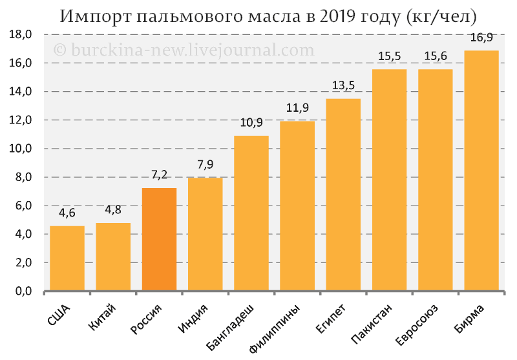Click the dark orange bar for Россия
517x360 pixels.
pos(159,240)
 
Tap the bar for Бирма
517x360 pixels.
pos(481,171)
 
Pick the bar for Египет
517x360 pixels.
pos(343,195)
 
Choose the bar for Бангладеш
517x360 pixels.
pos(251,213)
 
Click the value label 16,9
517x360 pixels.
pos(481,37)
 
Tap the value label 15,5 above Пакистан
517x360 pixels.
pos(389,57)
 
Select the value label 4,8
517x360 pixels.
pos(113,210)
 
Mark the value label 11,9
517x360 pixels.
pos(297,108)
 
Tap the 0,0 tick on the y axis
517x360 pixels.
pos(20,291)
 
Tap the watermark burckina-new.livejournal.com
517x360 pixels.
pos(184,50)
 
